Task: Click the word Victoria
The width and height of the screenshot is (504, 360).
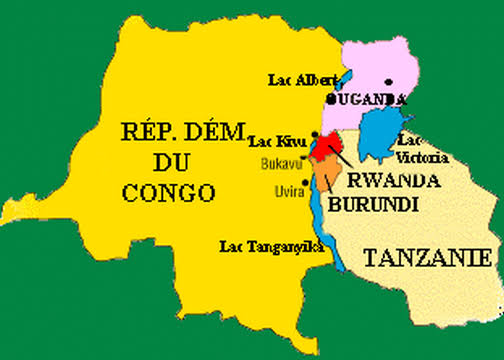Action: tap(420, 155)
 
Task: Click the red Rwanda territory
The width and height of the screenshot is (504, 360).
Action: tap(323, 149)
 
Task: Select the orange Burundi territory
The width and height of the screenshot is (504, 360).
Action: tap(326, 174)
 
